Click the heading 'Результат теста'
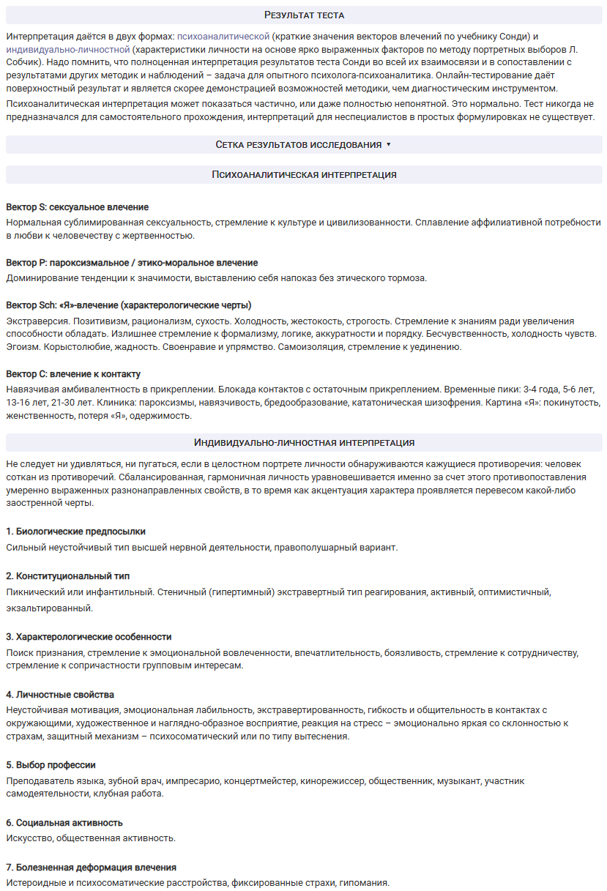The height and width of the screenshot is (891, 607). pyautogui.click(x=304, y=15)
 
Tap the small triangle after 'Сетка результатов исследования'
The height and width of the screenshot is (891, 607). pyautogui.click(x=389, y=145)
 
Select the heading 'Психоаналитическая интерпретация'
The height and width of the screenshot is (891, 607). pyautogui.click(x=304, y=175)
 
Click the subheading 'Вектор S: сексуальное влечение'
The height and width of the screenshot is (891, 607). pyautogui.click(x=77, y=207)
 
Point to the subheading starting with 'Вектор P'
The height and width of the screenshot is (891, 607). pyautogui.click(x=132, y=262)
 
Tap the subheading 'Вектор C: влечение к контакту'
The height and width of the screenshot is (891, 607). pyautogui.click(x=73, y=374)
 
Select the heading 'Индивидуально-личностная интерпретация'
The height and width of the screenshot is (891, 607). pyautogui.click(x=304, y=442)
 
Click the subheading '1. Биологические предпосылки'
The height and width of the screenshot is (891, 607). pyautogui.click(x=75, y=531)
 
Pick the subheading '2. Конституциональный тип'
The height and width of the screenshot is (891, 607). pyautogui.click(x=68, y=576)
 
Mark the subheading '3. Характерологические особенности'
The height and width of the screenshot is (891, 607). pyautogui.click(x=89, y=637)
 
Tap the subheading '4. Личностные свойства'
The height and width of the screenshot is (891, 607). pyautogui.click(x=60, y=694)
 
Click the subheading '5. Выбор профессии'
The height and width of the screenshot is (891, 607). pyautogui.click(x=51, y=764)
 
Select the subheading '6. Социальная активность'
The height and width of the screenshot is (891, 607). pyautogui.click(x=64, y=822)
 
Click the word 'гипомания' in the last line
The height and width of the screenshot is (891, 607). pyautogui.click(x=363, y=883)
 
